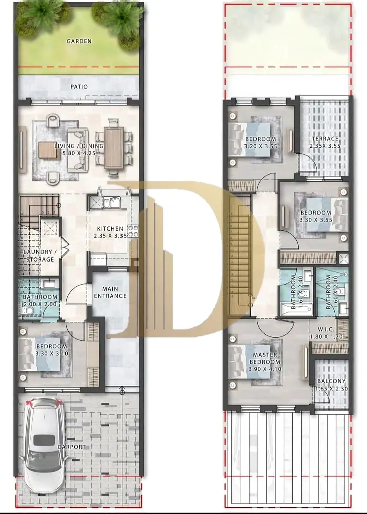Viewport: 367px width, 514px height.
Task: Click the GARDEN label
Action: click(79, 41)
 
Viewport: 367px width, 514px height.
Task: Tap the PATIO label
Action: click(79, 87)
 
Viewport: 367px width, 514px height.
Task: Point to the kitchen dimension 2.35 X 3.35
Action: click(110, 236)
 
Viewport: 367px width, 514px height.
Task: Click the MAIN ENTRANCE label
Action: click(110, 293)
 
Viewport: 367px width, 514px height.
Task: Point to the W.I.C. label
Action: click(326, 329)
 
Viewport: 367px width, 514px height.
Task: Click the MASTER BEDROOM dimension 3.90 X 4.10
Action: click(265, 369)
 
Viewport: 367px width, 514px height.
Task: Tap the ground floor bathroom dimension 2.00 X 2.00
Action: click(40, 304)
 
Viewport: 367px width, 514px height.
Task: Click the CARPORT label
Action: click(71, 447)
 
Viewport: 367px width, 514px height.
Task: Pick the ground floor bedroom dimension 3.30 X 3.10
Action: click(52, 354)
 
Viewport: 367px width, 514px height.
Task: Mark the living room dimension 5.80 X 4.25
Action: click(79, 153)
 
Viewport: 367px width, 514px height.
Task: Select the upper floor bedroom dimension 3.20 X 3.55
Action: click(261, 146)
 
